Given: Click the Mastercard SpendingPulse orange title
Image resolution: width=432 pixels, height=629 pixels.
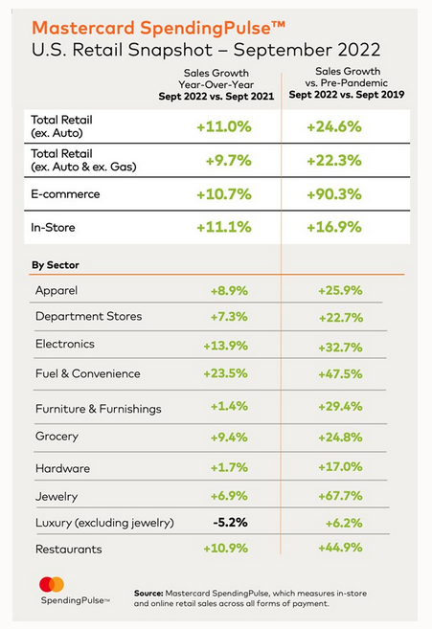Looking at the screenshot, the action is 159,29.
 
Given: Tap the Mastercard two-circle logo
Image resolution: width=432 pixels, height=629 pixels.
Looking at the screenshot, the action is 52,584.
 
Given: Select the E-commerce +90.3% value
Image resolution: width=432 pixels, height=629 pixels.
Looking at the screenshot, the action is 334,194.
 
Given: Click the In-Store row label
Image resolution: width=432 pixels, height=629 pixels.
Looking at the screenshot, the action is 53,228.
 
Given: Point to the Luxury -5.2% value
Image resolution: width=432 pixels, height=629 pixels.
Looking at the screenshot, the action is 231,523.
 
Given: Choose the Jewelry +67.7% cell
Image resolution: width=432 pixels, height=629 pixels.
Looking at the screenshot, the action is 340,496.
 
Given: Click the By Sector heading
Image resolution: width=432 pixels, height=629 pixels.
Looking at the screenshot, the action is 56,265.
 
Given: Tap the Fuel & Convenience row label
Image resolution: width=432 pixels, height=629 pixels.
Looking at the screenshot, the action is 88,373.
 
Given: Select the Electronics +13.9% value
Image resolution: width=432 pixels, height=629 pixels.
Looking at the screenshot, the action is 226,346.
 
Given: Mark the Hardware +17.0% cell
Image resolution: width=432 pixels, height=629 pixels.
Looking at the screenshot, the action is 340,467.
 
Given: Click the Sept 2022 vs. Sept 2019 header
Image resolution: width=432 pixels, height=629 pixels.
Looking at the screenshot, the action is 347,95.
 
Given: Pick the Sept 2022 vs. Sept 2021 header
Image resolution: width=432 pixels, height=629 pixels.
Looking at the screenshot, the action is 216,97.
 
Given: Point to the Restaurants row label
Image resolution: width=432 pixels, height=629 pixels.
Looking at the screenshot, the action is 69,550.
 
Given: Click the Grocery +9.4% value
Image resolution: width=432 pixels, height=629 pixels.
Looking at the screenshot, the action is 229,437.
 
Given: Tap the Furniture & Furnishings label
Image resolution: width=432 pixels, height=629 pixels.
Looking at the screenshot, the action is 99,409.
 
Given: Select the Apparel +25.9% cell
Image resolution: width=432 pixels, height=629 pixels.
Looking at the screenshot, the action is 340,290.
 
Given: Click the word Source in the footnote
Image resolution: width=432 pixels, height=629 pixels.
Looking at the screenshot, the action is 148,594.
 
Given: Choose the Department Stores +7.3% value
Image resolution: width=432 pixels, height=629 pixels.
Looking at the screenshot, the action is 229,317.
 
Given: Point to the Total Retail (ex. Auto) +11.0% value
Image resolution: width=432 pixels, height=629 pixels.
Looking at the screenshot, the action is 224,126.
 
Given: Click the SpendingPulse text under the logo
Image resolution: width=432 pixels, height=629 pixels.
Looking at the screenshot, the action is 75,600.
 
